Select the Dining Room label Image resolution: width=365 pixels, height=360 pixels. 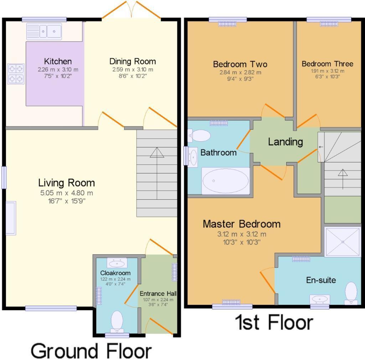[x=132, y=61]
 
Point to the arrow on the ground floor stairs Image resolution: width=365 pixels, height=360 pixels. [x=157, y=152]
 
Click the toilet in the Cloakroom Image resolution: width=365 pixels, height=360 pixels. [x=117, y=321]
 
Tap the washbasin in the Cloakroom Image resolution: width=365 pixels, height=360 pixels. [x=117, y=263]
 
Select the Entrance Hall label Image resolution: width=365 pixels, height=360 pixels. [x=158, y=294]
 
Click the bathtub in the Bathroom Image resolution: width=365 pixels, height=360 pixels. [x=226, y=181]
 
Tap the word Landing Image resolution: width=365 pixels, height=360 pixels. [x=285, y=142]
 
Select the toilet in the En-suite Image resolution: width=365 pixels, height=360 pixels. [x=351, y=292]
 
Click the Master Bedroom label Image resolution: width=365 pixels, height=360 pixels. [x=241, y=224]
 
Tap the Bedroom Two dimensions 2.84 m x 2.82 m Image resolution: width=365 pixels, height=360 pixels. [x=240, y=72]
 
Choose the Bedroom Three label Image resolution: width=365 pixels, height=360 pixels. [x=327, y=64]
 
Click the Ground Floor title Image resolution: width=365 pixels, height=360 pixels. [x=91, y=350]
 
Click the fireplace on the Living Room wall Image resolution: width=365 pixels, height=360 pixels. [x=11, y=218]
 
